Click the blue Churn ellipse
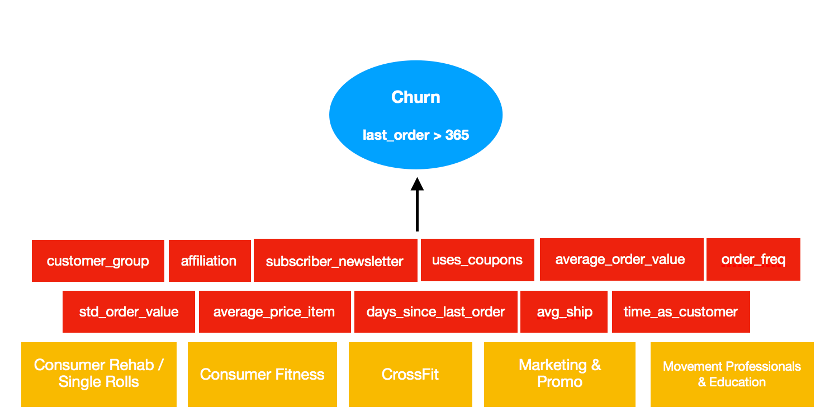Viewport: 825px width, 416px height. [416, 115]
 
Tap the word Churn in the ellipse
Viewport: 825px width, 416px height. [416, 97]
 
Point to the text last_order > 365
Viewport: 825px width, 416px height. [416, 135]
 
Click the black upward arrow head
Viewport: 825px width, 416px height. [417, 184]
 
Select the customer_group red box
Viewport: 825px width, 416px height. [98, 261]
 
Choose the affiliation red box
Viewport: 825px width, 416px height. [209, 261]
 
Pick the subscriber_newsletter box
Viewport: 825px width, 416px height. [335, 261]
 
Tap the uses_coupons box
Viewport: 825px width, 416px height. [477, 260]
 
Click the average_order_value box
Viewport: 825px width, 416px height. [620, 259]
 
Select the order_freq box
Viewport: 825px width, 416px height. [753, 259]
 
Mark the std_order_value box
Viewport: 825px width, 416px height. [129, 312]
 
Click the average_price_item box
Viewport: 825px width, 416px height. [274, 312]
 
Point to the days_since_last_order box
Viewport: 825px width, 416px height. [435, 312]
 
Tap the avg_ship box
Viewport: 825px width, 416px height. [565, 312]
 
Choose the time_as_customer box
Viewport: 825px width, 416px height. [680, 312]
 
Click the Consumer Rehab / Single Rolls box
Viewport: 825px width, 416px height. [99, 374]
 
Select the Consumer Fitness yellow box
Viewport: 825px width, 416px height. [262, 374]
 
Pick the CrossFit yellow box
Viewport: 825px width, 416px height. [410, 374]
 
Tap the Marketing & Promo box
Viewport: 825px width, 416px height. [560, 374]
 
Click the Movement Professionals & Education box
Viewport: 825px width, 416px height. [732, 374]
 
